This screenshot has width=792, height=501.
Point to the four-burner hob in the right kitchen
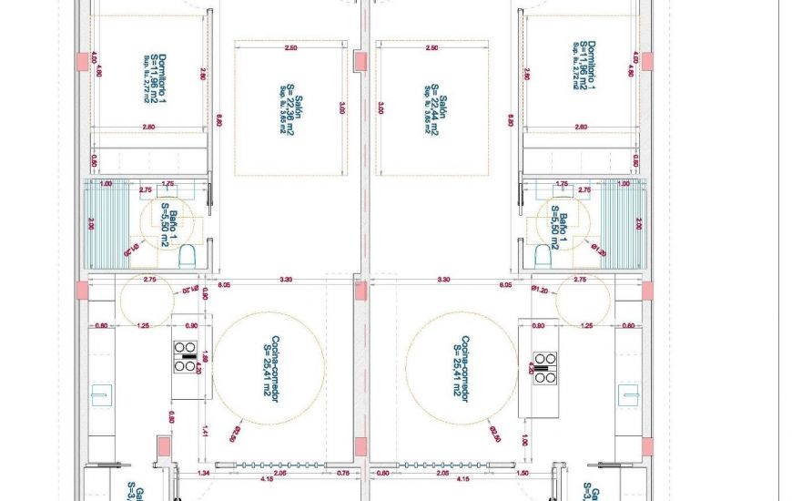(x=545, y=366)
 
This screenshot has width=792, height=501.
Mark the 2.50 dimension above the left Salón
(x=290, y=46)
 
